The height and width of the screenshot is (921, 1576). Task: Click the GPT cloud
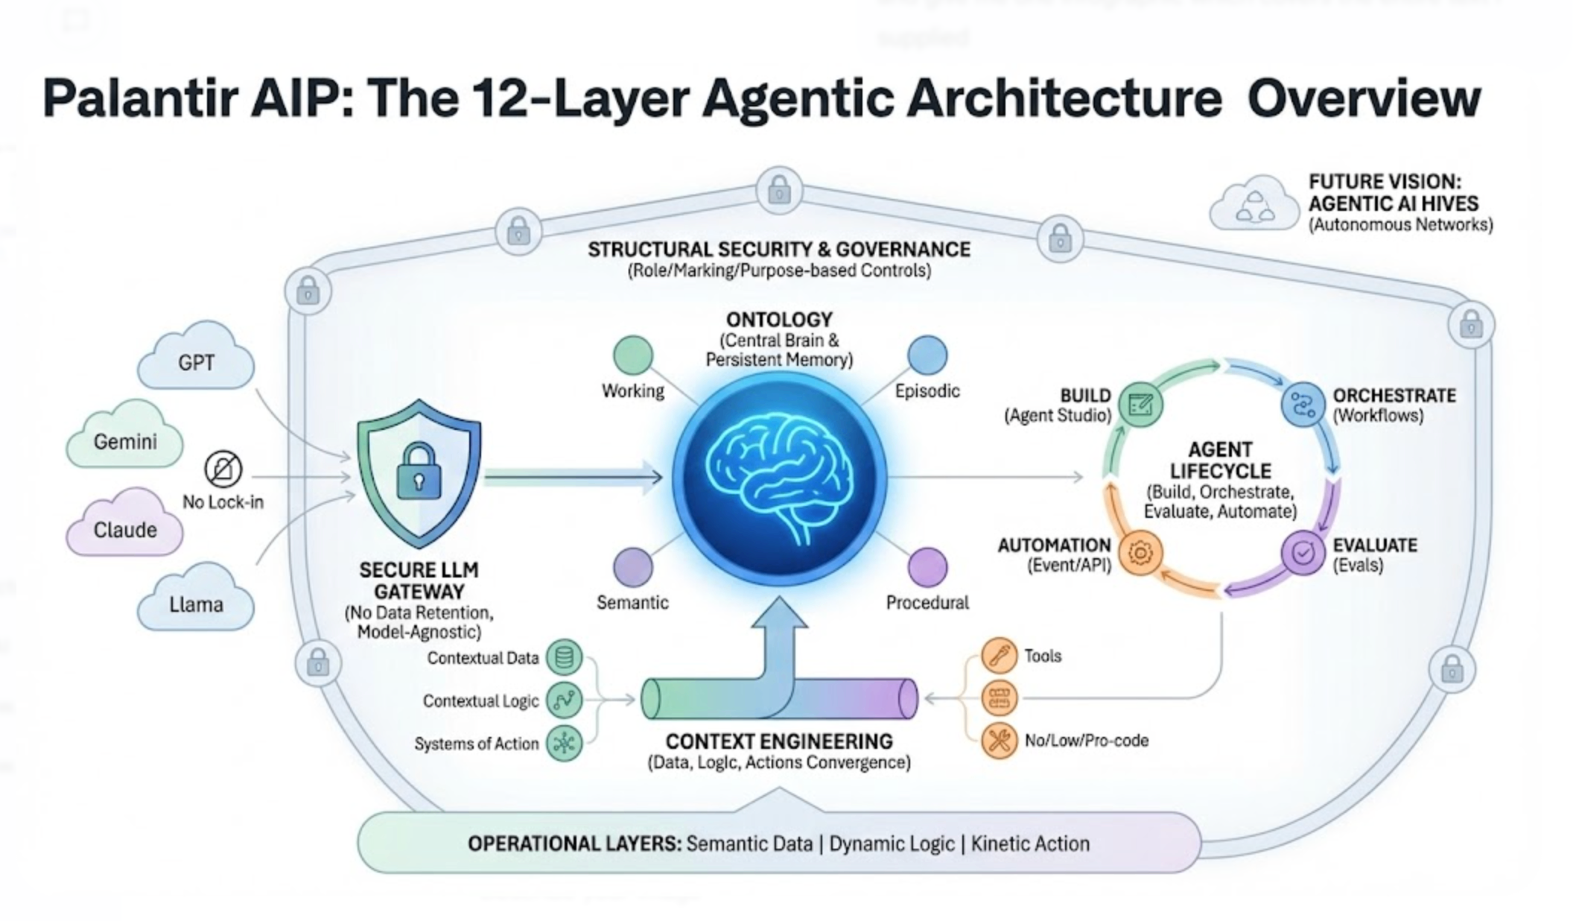[196, 361]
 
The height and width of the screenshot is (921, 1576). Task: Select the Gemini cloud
[125, 440]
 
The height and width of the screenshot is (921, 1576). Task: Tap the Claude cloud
[125, 528]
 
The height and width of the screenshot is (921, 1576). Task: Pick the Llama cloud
[196, 602]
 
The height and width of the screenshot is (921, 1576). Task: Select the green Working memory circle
[633, 355]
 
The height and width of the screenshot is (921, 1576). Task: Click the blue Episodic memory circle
[927, 355]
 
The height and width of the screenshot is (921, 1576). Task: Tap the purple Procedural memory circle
[927, 567]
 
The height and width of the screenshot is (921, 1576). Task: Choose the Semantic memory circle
[633, 567]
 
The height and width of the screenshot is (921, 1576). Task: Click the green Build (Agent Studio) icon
[1140, 405]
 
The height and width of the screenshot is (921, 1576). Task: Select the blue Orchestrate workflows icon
[1303, 405]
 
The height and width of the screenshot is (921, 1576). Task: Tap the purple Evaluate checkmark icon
[1303, 553]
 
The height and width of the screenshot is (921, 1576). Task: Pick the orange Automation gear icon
[1140, 553]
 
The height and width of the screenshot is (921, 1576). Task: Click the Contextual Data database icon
[564, 657]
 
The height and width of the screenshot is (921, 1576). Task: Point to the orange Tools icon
[999, 656]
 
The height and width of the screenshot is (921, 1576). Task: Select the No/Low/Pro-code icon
[999, 741]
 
